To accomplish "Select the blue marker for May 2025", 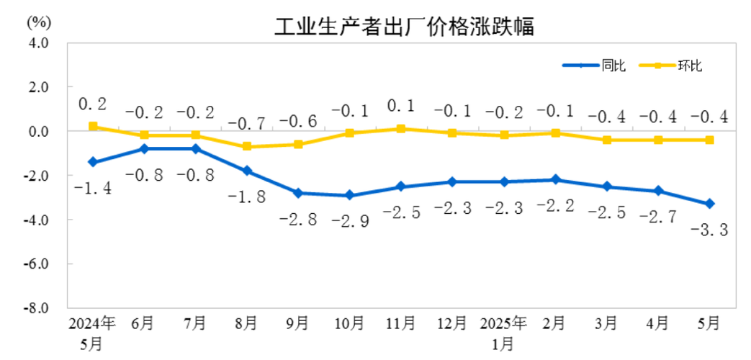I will [709, 204].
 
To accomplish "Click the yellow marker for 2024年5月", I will [93, 127].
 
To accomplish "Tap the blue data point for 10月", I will [349, 195].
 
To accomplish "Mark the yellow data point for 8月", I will [247, 147].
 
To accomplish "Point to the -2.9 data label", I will [350, 221].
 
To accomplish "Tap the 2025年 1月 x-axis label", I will [503, 332].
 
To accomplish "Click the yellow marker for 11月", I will [401, 129].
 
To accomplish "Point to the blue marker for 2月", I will [555, 180].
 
